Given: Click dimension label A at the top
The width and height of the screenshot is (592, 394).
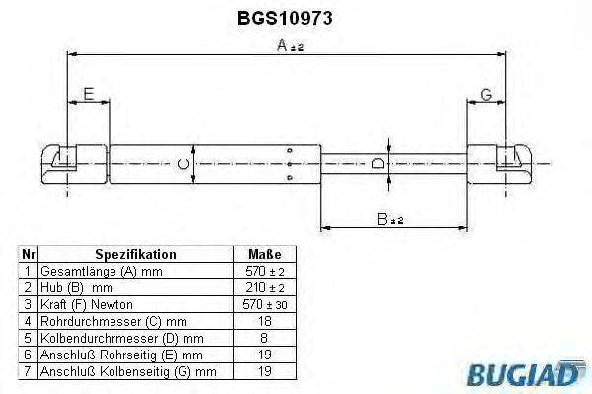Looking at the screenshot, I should point(283,45).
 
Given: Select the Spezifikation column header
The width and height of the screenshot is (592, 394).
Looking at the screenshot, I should point(135,254).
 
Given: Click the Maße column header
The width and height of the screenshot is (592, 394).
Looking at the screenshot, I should point(252,254).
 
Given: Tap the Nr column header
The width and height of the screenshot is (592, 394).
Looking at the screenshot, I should point(29,254).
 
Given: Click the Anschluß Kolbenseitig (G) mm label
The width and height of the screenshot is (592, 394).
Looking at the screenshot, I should point(129,371).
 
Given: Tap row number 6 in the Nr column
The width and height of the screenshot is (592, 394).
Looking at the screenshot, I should point(29,355).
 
